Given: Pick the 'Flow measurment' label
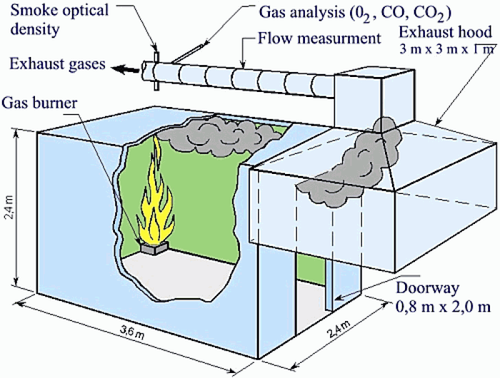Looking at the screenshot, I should [x=321, y=39].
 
